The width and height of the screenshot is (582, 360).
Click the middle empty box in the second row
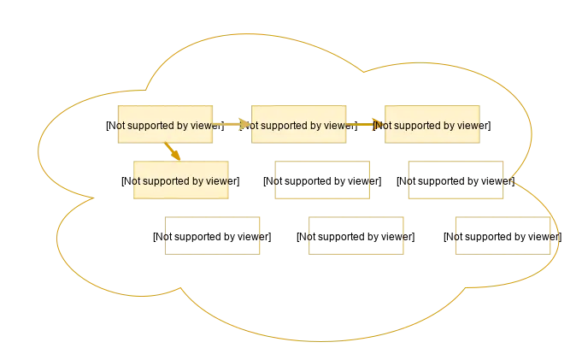324,180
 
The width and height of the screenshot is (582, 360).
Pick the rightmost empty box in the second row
455,180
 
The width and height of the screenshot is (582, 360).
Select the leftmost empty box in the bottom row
214,237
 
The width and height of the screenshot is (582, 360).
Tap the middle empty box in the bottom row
357,237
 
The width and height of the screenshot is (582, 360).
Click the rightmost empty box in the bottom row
501,237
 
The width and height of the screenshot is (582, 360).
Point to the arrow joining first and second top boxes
234,125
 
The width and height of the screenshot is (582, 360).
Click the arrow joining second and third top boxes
366,125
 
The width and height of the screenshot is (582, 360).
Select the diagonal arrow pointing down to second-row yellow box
173,152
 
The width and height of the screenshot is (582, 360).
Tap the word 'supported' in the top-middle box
283,125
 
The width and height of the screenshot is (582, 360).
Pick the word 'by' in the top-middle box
316,125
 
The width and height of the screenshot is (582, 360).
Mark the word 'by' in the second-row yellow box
200,181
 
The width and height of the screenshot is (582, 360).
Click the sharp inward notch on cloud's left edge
92,199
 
